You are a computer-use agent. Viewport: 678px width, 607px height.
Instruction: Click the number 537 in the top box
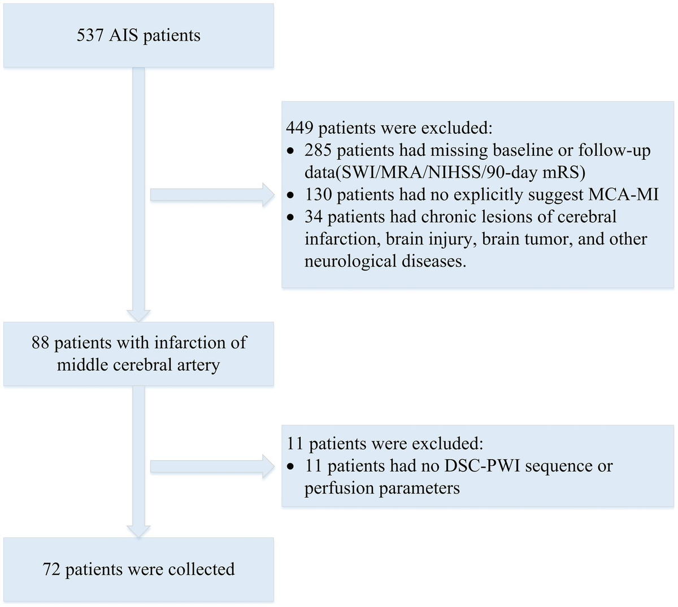click(90, 36)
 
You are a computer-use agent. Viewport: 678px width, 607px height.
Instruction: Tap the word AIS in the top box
click(124, 36)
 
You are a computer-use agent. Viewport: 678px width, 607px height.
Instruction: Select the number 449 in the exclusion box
click(299, 128)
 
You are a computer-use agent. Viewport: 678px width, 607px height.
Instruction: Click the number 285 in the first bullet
click(318, 151)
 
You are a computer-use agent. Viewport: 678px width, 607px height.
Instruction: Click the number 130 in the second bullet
click(318, 195)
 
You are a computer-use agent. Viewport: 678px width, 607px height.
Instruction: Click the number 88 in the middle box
click(40, 343)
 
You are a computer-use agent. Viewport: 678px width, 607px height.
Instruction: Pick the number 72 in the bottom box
click(51, 569)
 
